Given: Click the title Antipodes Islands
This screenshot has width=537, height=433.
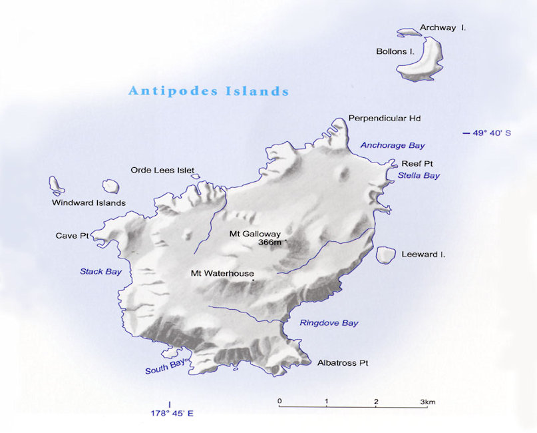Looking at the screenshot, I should tap(208, 91).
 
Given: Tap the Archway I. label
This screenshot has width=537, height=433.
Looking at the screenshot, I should tap(442, 28).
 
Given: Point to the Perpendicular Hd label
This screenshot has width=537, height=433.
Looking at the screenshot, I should tap(385, 119).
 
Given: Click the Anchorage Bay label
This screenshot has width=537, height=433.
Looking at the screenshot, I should tap(392, 145).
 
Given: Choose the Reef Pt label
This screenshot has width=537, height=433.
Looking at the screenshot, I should tap(417, 163).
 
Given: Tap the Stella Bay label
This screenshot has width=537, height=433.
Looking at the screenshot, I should tap(419, 176).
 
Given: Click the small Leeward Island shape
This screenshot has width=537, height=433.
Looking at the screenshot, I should tap(385, 255).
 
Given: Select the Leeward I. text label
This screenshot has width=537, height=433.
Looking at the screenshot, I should tap(423, 254).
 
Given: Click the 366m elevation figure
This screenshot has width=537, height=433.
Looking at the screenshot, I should tap(270, 243).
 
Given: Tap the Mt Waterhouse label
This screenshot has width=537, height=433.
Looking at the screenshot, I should tap(222, 273).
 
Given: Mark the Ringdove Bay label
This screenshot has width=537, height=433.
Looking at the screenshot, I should tap(329, 323).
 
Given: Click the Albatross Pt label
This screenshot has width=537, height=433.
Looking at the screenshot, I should tap(342, 363).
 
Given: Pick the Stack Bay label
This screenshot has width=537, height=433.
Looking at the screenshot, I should tap(100, 272).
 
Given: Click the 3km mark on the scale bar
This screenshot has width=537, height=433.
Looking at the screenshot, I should tap(427, 402).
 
